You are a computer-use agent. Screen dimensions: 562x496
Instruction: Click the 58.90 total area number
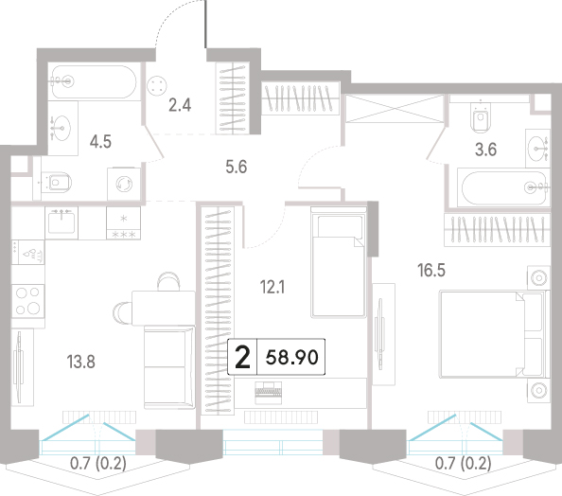click(x=291, y=358)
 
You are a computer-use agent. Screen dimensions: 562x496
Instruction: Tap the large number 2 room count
click(x=242, y=357)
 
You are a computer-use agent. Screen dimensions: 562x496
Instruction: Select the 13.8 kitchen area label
click(x=81, y=362)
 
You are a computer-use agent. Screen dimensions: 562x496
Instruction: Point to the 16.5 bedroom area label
click(x=431, y=270)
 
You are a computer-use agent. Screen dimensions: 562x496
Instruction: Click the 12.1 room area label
click(x=272, y=287)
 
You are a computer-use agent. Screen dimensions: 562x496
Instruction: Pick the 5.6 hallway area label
click(x=237, y=168)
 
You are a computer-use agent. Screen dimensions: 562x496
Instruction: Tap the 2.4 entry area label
click(x=180, y=105)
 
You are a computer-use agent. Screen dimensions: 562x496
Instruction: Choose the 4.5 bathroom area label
click(x=100, y=142)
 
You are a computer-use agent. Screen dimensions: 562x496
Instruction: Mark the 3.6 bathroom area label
click(x=486, y=150)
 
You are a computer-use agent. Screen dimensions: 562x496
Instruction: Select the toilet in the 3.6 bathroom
click(x=480, y=117)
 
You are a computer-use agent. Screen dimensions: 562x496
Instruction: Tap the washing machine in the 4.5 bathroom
click(x=124, y=184)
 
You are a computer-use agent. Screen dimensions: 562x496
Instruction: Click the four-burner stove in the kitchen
click(x=28, y=301)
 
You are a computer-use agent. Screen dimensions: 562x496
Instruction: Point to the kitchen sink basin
click(x=61, y=222)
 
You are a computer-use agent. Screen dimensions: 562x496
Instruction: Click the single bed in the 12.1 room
click(x=339, y=262)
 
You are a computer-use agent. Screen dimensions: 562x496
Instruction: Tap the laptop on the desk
click(x=268, y=393)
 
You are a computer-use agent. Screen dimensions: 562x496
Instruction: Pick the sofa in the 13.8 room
click(x=169, y=367)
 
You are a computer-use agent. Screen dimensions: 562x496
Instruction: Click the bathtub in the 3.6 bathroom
click(x=503, y=187)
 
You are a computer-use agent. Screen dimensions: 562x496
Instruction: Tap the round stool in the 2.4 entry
click(x=157, y=86)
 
